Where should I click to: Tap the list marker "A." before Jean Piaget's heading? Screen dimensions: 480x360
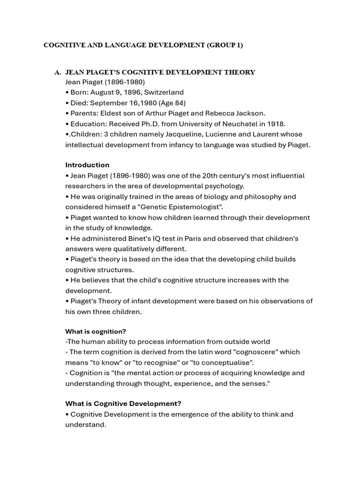click(58, 72)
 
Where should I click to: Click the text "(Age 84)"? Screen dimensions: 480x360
click(170, 103)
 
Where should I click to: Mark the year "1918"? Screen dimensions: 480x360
click(277, 124)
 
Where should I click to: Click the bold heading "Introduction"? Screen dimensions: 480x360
click(87, 165)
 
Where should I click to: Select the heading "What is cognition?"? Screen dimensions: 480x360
click(96, 331)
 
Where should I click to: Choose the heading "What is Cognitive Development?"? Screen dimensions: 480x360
click(123, 404)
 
